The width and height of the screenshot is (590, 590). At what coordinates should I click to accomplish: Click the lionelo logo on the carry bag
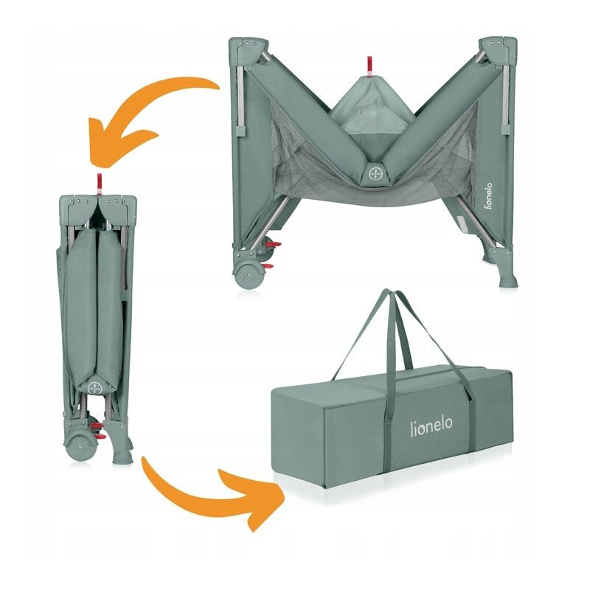432,426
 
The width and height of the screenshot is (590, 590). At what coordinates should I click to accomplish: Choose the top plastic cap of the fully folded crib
95,201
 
